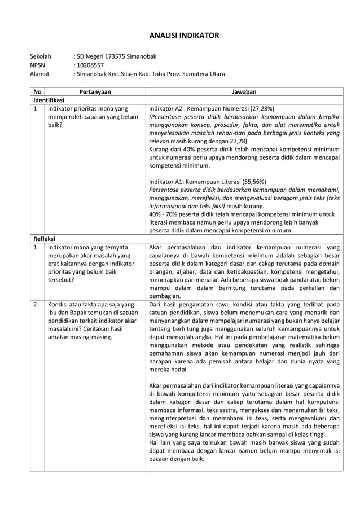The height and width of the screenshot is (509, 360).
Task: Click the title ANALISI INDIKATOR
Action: [x=179, y=36]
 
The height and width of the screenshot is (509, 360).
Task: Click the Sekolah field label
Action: [x=40, y=56]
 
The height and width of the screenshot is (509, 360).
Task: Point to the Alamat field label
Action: [x=39, y=73]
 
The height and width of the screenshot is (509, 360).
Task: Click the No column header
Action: [x=37, y=91]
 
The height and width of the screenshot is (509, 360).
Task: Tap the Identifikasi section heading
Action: [x=49, y=99]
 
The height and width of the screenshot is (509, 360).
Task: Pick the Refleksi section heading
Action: [x=43, y=238]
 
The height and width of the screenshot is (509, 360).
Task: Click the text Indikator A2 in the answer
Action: [x=166, y=108]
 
